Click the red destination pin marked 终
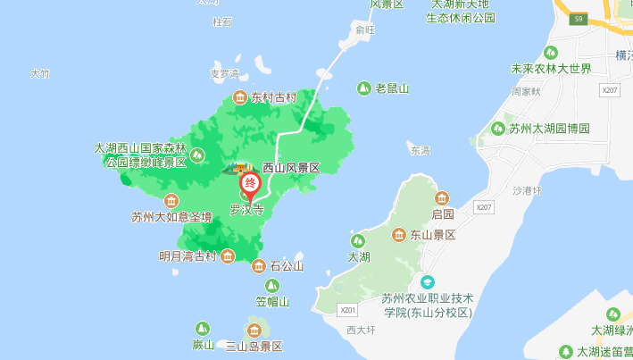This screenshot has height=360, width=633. point(251,186)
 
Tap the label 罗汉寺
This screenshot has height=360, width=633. point(247,212)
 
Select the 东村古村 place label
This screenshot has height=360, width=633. point(273,97)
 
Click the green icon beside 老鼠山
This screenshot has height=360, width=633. point(363,88)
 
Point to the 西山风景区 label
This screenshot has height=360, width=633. point(290,167)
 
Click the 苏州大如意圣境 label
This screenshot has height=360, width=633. point(172,216)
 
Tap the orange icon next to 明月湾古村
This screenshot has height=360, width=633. point(228,256)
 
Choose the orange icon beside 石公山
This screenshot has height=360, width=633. point(258,265)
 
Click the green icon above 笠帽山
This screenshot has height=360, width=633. point(272,286)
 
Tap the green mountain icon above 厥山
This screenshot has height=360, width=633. point(204,329)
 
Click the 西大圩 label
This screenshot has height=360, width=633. point(362,330)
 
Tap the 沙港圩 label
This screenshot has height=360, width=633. point(528,190)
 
